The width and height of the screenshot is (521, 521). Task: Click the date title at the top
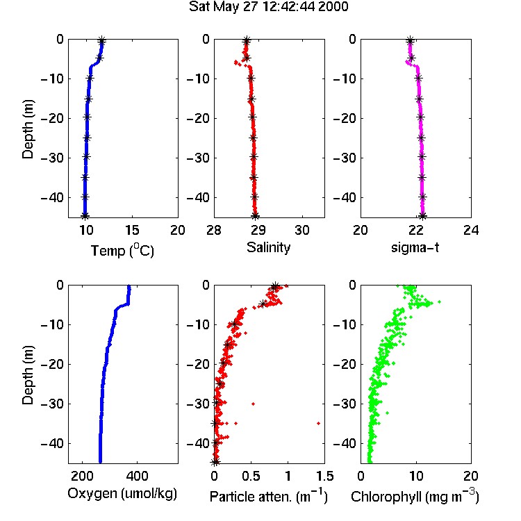pyautogui.click(x=268, y=7)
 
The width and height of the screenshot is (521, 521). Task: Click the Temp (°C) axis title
pyautogui.click(x=122, y=250)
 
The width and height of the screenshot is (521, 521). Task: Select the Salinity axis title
pyautogui.click(x=268, y=247)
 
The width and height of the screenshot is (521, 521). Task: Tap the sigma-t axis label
pyautogui.click(x=415, y=247)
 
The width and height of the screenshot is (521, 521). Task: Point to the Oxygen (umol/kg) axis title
pyautogui.click(x=122, y=493)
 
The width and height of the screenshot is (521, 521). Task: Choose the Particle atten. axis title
pyautogui.click(x=268, y=496)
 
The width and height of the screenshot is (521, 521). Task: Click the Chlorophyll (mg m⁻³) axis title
pyautogui.click(x=415, y=496)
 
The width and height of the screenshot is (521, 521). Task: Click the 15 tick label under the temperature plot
pyautogui.click(x=132, y=230)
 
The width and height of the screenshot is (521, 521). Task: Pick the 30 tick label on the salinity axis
pyautogui.click(x=302, y=230)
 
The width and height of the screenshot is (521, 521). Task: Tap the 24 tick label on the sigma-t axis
pyautogui.click(x=471, y=230)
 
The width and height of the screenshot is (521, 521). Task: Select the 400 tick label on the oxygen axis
pyautogui.click(x=137, y=476)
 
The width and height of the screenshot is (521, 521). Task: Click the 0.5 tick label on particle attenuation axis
pyautogui.click(x=251, y=476)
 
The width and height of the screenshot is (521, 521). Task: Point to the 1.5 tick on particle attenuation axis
pyautogui.click(x=324, y=476)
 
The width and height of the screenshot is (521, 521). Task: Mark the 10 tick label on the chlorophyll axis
pyautogui.click(x=415, y=476)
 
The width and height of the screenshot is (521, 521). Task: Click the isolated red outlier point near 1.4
pyautogui.click(x=318, y=423)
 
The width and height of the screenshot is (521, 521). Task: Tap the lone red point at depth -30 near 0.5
pyautogui.click(x=253, y=404)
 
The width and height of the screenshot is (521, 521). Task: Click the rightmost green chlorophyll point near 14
pyautogui.click(x=439, y=301)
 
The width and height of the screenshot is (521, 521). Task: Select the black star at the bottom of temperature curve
pyautogui.click(x=85, y=215)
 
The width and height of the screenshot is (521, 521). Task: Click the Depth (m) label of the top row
pyautogui.click(x=28, y=129)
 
